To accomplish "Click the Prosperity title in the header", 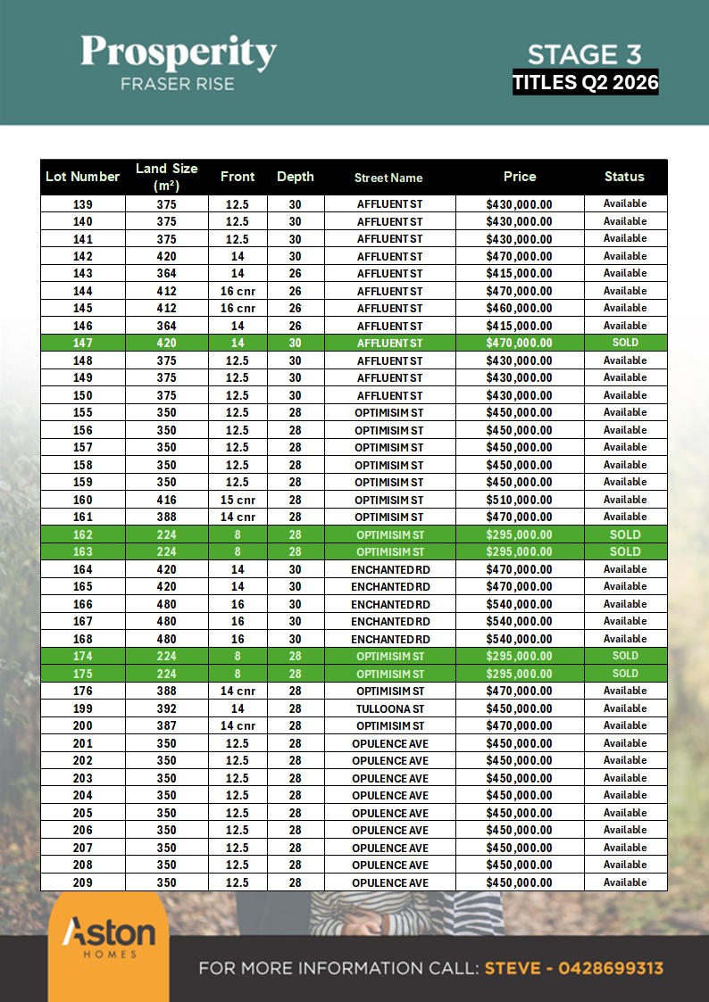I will point(179,53).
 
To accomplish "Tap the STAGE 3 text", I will point(584,55).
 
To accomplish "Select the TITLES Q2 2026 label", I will point(585,83).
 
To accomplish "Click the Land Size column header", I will point(166,177).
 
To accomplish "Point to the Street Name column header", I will point(388,178).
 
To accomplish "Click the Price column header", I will point(519,177).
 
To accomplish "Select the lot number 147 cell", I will point(82,343).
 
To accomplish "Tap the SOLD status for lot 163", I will point(625,551).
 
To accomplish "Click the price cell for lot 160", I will point(519,500).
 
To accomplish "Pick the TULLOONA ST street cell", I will point(389,708).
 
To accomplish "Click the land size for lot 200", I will point(166,725).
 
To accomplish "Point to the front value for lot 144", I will point(238,291).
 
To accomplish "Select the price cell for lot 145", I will point(519,308).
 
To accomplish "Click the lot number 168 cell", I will point(82,639).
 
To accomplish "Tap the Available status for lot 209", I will point(625,882).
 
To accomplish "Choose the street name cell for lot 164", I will point(389,569).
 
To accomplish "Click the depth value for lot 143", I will point(295,273).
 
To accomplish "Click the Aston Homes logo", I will point(108,939).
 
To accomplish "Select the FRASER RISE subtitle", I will point(179,84).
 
